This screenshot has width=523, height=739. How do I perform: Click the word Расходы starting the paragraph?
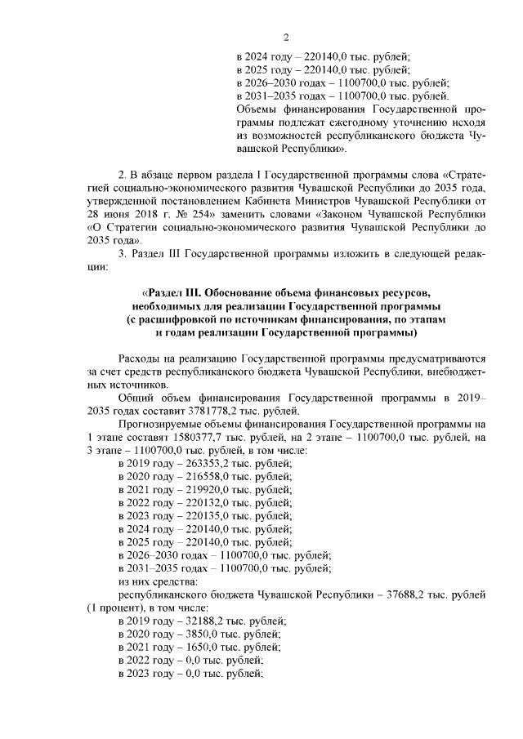pos(141,358)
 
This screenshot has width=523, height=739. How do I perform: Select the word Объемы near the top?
pos(255,109)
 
